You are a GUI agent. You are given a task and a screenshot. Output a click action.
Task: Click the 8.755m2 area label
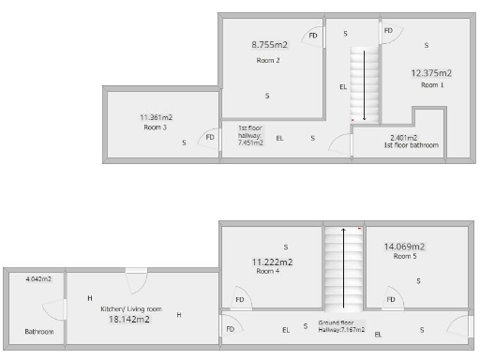(x=269, y=44)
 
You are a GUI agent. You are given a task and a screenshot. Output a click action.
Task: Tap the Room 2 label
(x=269, y=60)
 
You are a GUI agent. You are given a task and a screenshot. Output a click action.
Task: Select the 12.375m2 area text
(x=432, y=73)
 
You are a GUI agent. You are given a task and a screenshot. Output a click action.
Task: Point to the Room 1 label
(x=432, y=84)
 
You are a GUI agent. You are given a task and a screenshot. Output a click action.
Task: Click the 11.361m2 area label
(x=156, y=118)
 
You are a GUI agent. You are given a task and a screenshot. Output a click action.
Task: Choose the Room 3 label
(x=156, y=127)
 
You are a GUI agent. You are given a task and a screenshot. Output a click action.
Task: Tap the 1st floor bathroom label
(x=411, y=145)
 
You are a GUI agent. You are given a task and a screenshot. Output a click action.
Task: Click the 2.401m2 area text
(x=411, y=138)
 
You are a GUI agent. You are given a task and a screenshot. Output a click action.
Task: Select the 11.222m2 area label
(x=272, y=262)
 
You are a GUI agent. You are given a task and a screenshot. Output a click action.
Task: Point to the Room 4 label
(x=268, y=272)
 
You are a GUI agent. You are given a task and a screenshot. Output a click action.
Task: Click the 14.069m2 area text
(x=404, y=247)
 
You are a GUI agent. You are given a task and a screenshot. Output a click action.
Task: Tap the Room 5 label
(x=404, y=256)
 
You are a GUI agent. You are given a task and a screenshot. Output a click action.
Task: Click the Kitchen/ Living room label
(x=132, y=308)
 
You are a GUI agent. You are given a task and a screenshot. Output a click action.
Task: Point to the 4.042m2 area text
(x=38, y=279)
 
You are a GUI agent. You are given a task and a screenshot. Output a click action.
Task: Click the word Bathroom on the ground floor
(x=39, y=332)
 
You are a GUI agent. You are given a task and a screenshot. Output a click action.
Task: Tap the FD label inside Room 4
(x=240, y=301)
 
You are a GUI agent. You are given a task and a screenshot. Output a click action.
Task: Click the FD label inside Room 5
(x=389, y=301)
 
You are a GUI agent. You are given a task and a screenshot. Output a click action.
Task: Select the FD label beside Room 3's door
(x=210, y=138)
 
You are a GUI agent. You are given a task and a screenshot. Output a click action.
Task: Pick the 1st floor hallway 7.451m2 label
(x=249, y=136)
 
